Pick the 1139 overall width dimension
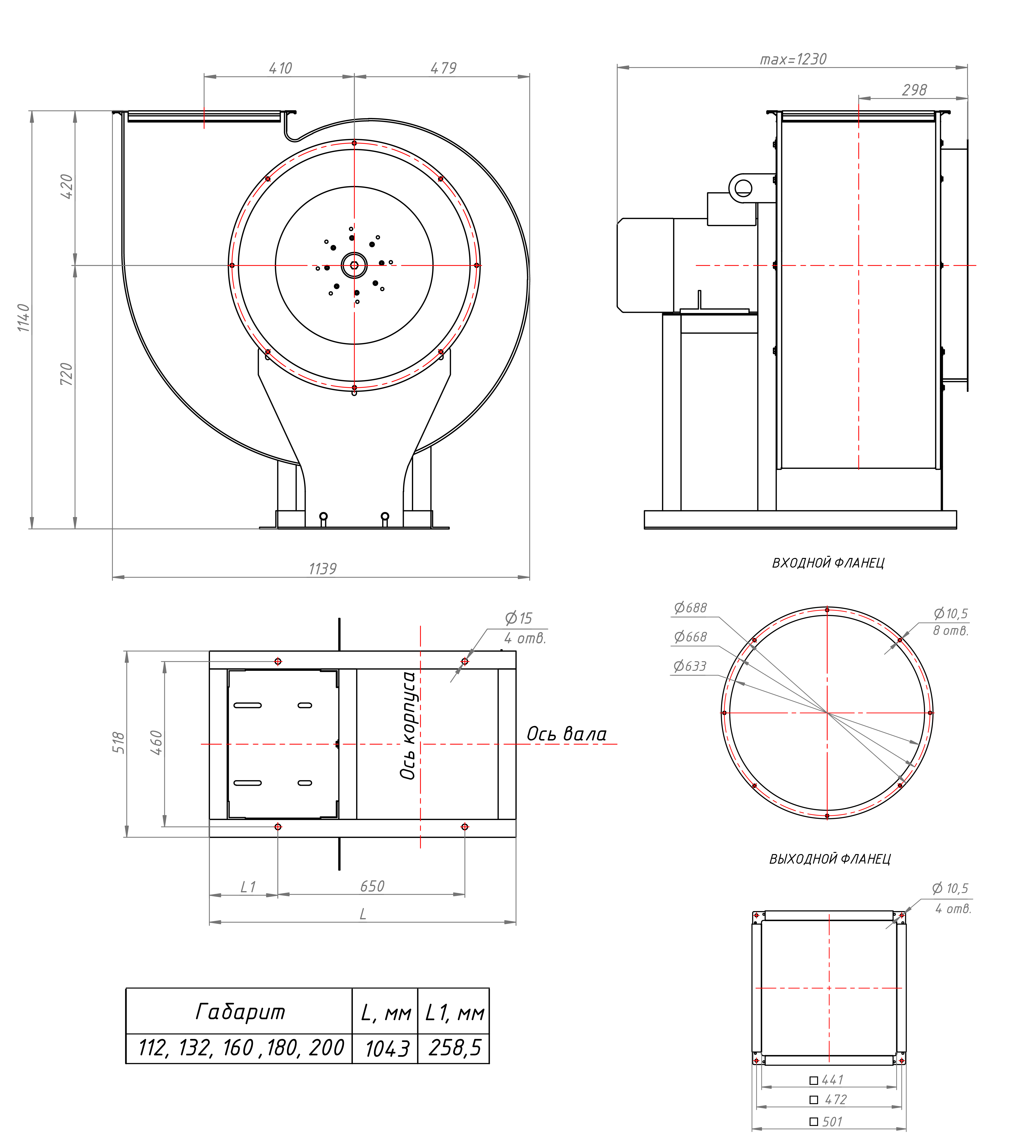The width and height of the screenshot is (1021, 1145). coord(323,569)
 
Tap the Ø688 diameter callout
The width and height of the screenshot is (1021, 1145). coord(691,607)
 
